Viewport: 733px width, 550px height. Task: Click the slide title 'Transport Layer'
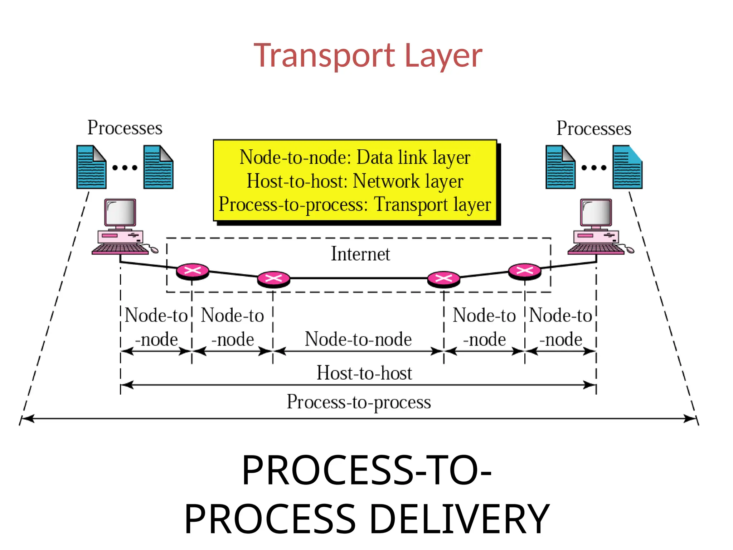click(x=368, y=56)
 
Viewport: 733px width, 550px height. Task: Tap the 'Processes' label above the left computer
click(x=125, y=128)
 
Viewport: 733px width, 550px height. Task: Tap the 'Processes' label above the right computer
click(x=594, y=129)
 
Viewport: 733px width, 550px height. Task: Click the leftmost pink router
click(x=193, y=271)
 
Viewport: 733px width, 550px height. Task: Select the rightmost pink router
click(x=525, y=271)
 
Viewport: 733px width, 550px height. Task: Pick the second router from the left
click(x=274, y=279)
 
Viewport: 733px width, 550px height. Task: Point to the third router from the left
click(x=444, y=279)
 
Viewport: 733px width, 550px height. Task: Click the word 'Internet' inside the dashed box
click(x=360, y=254)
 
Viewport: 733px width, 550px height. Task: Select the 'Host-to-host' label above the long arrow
click(x=364, y=373)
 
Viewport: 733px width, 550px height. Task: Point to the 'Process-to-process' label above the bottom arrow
click(x=359, y=402)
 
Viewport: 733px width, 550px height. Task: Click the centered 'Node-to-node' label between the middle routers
click(x=358, y=339)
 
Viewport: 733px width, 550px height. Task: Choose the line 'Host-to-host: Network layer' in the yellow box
click(x=355, y=181)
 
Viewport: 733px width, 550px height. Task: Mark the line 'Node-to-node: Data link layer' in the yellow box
click(x=355, y=158)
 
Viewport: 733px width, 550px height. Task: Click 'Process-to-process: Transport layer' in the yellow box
click(x=355, y=204)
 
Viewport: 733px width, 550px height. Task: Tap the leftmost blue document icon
click(x=91, y=167)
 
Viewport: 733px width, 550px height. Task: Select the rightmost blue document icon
click(x=627, y=167)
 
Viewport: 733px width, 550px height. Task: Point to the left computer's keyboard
click(x=120, y=249)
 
